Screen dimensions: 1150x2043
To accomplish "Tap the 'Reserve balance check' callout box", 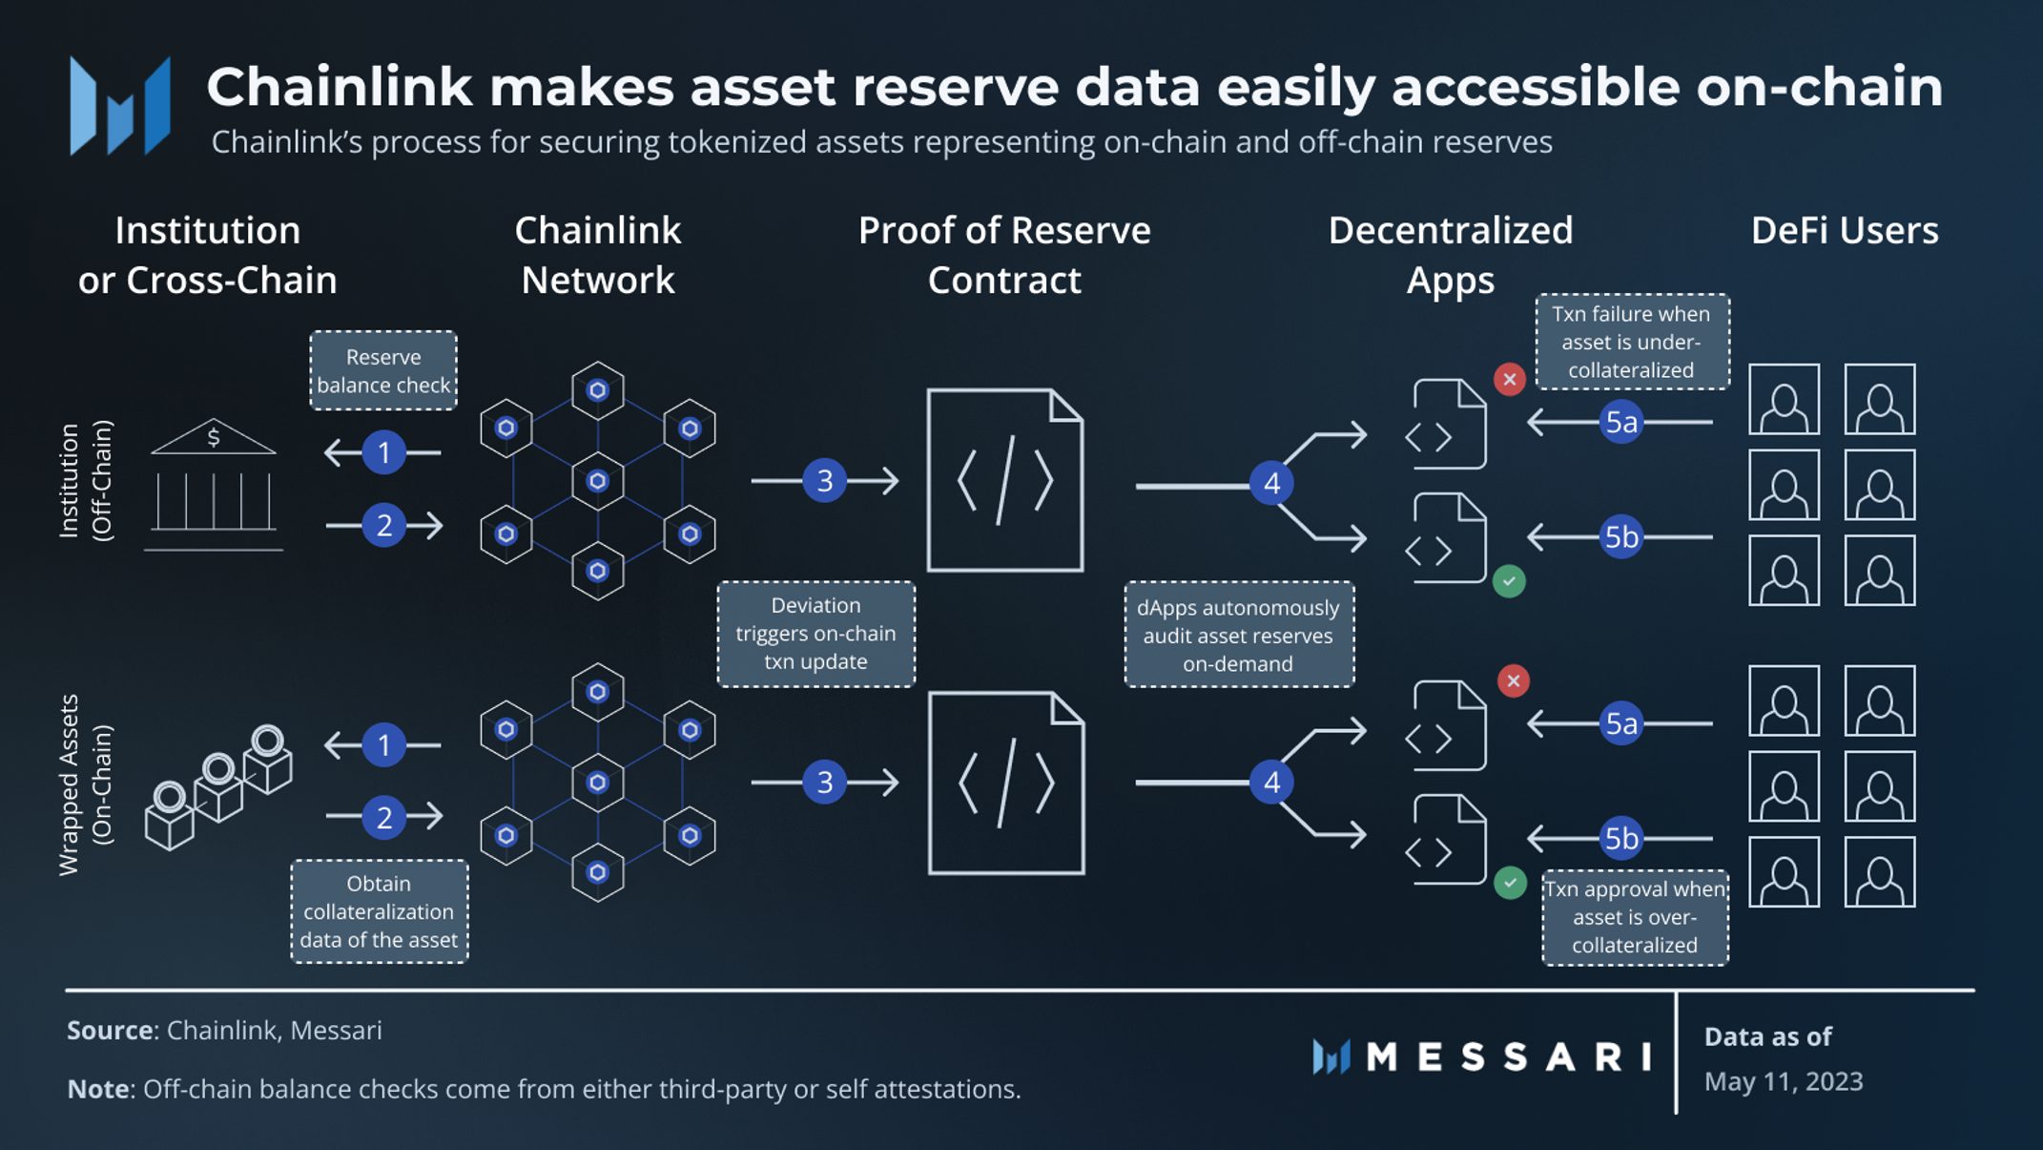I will click(x=383, y=371).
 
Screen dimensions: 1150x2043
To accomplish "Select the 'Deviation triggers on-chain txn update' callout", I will click(x=815, y=634).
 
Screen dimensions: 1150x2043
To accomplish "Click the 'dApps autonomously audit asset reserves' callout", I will click(x=1238, y=635).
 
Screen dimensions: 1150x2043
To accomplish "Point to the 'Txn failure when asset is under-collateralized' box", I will click(x=1631, y=342).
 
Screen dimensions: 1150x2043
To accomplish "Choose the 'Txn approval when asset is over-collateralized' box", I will click(x=1635, y=917).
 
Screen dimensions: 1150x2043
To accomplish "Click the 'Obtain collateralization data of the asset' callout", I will click(x=379, y=911).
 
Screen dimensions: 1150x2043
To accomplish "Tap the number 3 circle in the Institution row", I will click(x=825, y=480).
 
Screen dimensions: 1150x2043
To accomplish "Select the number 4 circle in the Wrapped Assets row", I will click(x=1271, y=783).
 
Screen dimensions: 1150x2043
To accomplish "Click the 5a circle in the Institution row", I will click(x=1621, y=422).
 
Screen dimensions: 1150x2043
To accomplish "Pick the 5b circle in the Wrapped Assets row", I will click(x=1621, y=838).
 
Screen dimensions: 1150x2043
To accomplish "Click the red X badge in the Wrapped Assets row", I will click(x=1513, y=681).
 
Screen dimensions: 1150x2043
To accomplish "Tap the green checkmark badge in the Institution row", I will click(x=1509, y=581).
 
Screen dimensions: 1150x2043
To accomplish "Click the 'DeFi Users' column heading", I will click(x=1844, y=231).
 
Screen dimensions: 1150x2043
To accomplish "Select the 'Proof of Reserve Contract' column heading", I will click(x=1004, y=255).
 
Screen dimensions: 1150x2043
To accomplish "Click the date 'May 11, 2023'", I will click(x=1783, y=1081).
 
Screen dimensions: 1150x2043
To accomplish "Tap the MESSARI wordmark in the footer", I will click(x=1507, y=1056).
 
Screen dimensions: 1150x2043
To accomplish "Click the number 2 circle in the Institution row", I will click(x=384, y=525).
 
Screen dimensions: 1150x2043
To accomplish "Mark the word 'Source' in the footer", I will click(x=110, y=1031).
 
